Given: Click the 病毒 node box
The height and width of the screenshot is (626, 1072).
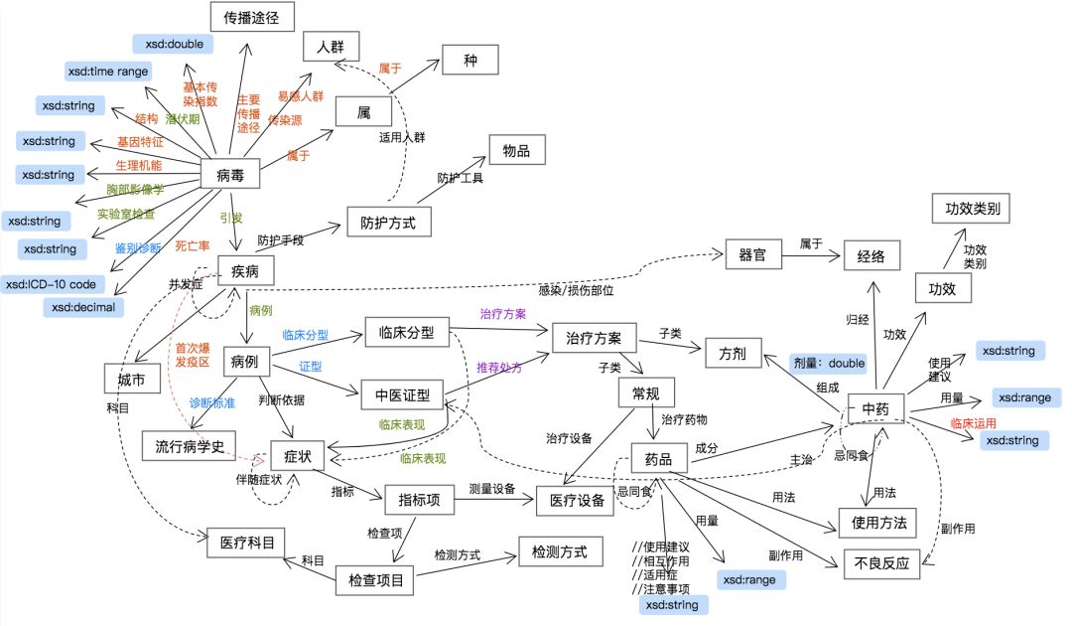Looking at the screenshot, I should (231, 176).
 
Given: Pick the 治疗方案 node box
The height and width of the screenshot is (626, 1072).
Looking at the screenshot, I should (594, 338).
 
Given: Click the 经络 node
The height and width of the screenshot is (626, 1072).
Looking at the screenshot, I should (872, 255).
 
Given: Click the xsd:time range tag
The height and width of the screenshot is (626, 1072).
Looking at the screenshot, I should (107, 72).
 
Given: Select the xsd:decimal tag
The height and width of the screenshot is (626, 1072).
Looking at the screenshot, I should (84, 307).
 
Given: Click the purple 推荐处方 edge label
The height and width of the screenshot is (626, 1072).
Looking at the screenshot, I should (498, 368).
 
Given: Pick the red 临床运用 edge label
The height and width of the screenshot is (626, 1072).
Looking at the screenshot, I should (972, 422).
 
